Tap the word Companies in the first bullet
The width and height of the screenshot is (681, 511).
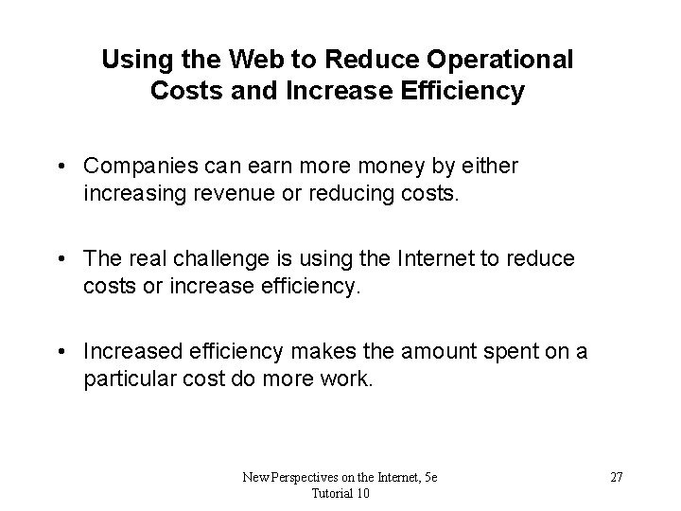tap(136, 166)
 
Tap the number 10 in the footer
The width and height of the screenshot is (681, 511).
tap(363, 495)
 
